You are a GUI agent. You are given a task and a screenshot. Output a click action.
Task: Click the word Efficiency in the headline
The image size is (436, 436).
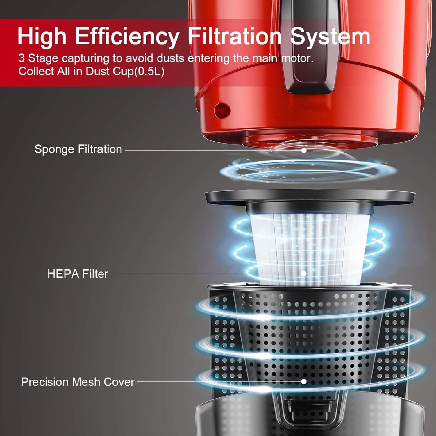[x=127, y=36]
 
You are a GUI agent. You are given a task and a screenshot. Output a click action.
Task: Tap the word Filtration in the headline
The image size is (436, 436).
[x=235, y=36]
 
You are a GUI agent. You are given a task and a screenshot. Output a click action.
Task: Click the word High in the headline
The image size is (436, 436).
[x=42, y=36]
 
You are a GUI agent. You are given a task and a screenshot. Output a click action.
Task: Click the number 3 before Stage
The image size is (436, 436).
[x=22, y=58]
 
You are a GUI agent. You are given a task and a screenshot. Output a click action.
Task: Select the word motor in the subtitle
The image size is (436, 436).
[x=297, y=58]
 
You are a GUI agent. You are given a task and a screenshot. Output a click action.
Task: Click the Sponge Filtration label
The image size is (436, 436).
[x=78, y=149]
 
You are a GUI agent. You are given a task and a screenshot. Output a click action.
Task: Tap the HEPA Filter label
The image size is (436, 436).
[x=78, y=274]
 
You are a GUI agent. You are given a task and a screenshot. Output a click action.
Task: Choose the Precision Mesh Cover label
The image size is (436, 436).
[x=78, y=382]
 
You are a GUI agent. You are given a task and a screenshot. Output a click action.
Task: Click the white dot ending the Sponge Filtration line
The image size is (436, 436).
[x=304, y=151]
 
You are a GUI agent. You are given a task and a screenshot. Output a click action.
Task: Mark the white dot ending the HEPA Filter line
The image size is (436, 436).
[x=304, y=274]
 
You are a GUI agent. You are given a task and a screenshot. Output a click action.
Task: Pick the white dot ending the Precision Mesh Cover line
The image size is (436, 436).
[x=304, y=381]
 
